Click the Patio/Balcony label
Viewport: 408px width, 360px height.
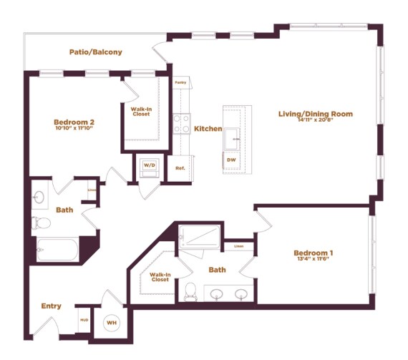(x=95, y=52)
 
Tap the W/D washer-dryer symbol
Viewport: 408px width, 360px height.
(x=150, y=165)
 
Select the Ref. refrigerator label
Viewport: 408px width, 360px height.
(x=180, y=168)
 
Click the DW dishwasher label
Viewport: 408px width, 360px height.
(x=231, y=160)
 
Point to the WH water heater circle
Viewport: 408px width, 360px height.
(x=112, y=323)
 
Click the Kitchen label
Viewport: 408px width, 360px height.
(x=208, y=129)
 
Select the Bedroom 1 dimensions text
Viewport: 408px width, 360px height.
(x=313, y=260)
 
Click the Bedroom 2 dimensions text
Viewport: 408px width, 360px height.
(x=74, y=129)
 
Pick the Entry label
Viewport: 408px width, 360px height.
(x=51, y=306)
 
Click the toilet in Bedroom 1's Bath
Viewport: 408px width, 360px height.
(x=190, y=291)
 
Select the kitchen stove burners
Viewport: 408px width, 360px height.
(x=181, y=122)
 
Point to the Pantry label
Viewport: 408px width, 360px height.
(x=180, y=82)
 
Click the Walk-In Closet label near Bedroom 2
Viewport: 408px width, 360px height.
(x=141, y=112)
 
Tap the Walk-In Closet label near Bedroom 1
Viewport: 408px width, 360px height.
(x=160, y=276)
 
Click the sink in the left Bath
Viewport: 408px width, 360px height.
(x=40, y=195)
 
